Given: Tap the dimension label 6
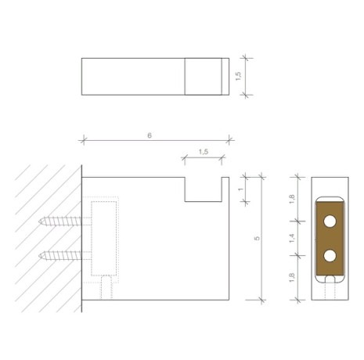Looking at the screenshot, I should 150,135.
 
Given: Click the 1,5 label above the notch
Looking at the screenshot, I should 203,152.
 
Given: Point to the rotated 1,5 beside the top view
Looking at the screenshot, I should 237,76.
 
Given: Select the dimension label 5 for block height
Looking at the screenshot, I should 257,238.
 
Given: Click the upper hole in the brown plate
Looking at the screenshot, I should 330,221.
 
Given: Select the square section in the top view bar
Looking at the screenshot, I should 202,77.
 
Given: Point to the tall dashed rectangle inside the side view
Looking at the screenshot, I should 104,238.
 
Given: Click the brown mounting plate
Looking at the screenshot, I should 330,238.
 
